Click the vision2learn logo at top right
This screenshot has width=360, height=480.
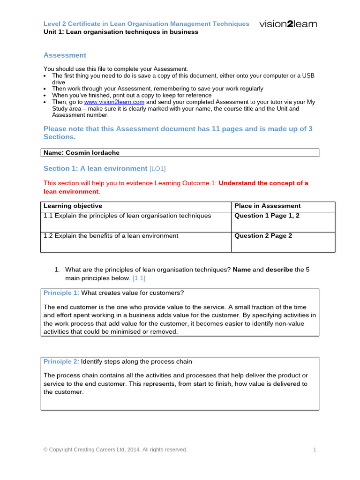(x=288, y=24)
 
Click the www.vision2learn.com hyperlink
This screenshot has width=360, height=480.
(x=114, y=102)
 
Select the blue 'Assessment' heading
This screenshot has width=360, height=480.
(x=65, y=55)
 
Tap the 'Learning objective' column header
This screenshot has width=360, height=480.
(x=73, y=206)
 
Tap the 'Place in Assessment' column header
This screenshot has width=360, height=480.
(x=267, y=206)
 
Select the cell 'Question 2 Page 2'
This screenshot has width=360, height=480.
(x=263, y=236)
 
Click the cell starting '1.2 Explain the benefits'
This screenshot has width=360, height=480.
(x=111, y=236)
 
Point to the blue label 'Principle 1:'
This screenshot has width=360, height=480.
(x=61, y=293)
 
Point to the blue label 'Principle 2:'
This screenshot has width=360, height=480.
(x=61, y=361)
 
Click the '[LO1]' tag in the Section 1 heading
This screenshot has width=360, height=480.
(x=157, y=169)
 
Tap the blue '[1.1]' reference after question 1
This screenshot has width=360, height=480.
(x=139, y=278)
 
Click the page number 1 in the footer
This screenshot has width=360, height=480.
(x=315, y=450)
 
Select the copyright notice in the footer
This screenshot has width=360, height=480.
(x=115, y=450)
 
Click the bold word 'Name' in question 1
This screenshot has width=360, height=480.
(x=242, y=270)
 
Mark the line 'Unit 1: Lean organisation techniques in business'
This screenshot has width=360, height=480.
(x=121, y=32)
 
